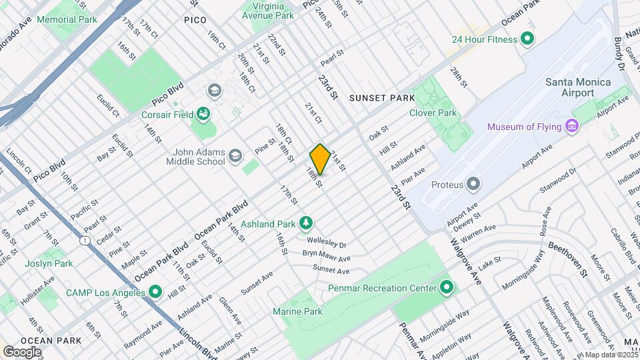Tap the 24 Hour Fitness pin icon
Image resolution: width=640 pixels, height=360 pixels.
[527, 39]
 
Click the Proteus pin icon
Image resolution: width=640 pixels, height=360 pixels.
[473, 183]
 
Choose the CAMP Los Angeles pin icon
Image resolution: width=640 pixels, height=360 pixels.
[155, 292]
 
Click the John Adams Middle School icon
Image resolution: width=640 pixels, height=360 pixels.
[235, 157]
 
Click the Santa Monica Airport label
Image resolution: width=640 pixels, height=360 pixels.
[578, 87]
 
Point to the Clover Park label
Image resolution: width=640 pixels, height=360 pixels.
[433, 113]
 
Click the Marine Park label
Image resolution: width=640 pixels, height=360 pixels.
[297, 311]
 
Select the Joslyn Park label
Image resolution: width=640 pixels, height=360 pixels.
[50, 263]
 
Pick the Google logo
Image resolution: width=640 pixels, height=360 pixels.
[22, 351]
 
